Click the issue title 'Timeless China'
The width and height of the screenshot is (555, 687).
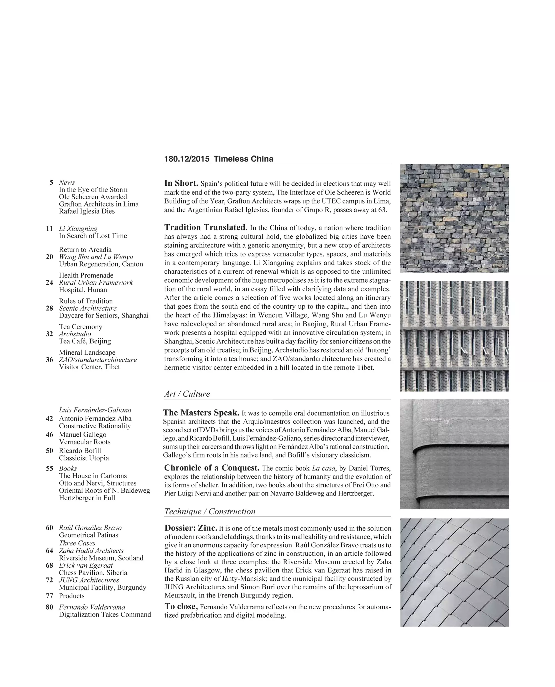click(243, 159)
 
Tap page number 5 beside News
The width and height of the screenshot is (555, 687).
click(51, 183)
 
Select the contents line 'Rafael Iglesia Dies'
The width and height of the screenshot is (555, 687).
click(87, 212)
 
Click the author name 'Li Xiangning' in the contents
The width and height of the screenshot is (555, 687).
click(78, 229)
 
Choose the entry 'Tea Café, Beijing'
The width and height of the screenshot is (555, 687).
click(85, 341)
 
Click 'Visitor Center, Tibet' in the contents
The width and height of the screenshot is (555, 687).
click(89, 367)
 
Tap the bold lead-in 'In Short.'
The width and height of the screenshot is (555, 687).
click(181, 183)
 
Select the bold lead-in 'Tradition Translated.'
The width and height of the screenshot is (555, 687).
click(206, 227)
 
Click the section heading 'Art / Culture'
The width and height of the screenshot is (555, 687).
click(187, 394)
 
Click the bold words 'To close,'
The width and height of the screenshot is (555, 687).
click(181, 607)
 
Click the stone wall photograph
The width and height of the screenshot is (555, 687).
click(454, 218)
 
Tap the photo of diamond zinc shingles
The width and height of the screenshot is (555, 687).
click(454, 572)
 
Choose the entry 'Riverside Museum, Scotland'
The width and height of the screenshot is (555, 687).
click(101, 558)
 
